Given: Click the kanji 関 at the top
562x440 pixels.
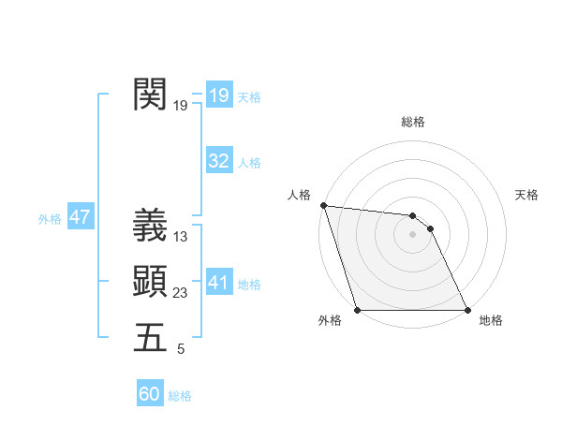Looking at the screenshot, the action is tap(150, 94).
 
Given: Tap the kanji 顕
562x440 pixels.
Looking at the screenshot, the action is tap(150, 281).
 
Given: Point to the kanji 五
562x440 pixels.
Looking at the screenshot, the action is tap(150, 337).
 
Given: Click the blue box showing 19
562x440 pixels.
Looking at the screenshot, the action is tap(219, 95).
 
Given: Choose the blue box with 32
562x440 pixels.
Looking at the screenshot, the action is tap(219, 161).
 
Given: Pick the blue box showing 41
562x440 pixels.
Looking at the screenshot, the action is tap(219, 283).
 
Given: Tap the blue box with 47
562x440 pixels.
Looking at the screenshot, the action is tap(80, 217).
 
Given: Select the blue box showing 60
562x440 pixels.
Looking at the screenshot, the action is tap(150, 394).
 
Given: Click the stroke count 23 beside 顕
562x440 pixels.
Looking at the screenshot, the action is tap(181, 293).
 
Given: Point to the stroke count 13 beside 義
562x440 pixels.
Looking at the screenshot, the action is tap(181, 237).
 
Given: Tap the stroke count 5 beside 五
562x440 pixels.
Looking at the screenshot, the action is tap(181, 349).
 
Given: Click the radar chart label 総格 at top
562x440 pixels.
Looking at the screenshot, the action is tap(413, 122).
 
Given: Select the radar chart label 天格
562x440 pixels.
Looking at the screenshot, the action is tap(527, 195).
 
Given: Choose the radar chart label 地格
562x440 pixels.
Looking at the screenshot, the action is tap(491, 321).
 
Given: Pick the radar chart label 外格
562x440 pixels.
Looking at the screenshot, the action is tap(330, 321).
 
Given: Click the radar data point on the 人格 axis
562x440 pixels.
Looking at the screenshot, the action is tap(323, 205).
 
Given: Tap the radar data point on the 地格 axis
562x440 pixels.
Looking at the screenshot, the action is tap(466, 309).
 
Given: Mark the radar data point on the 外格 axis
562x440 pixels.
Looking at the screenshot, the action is tap(358, 309).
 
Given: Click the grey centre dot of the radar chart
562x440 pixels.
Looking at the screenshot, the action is tap(412, 234).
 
